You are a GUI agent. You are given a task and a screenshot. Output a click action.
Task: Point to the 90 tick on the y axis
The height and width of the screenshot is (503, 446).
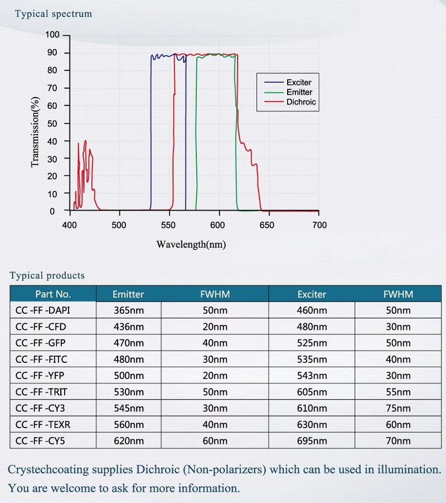click(54, 53)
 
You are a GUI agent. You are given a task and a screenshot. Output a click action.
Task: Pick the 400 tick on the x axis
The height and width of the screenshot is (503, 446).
click(70, 225)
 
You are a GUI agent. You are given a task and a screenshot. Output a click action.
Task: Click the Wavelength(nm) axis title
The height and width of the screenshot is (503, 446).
click(191, 244)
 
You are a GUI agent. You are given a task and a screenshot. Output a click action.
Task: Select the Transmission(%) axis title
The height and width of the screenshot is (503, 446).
click(36, 132)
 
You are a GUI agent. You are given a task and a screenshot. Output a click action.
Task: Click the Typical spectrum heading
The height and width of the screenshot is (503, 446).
click(54, 14)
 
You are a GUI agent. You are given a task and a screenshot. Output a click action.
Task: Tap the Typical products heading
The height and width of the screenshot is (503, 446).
click(47, 275)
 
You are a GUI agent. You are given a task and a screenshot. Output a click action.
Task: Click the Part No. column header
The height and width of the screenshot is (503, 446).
click(53, 294)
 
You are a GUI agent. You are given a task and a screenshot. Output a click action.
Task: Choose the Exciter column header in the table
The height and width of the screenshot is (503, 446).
click(312, 294)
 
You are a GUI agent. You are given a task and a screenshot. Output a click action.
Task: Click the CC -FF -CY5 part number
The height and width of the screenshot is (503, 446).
click(42, 440)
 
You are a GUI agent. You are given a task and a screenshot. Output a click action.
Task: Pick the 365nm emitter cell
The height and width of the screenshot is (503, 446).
click(128, 310)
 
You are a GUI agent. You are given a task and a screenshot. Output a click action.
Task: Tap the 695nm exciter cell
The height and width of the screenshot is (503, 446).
click(312, 440)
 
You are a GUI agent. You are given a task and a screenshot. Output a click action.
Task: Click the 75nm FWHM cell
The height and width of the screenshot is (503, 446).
click(398, 408)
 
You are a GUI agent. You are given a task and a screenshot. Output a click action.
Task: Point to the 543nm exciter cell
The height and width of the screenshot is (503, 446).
click(312, 376)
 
